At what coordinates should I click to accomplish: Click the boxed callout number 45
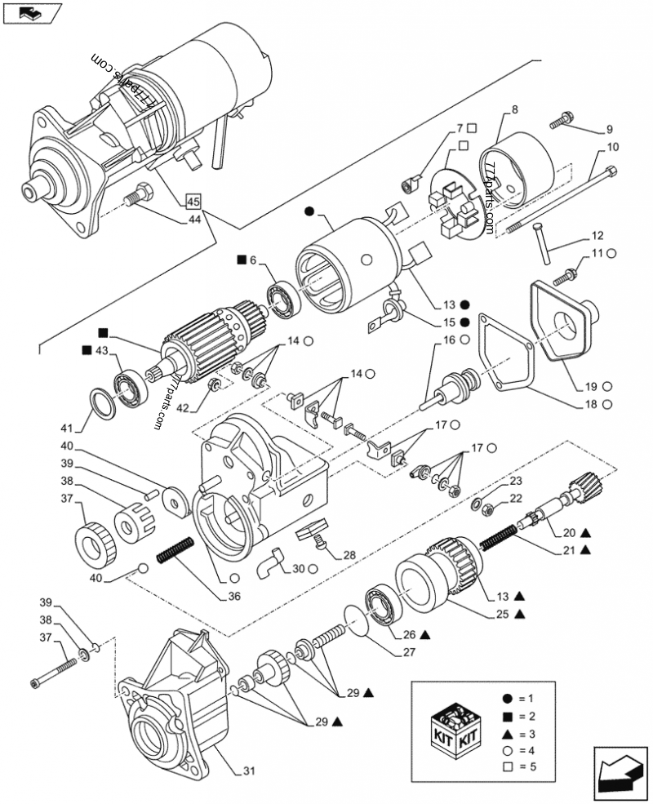tap(193, 201)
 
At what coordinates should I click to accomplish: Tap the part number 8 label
tap(514, 109)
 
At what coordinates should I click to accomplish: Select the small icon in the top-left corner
tap(32, 13)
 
